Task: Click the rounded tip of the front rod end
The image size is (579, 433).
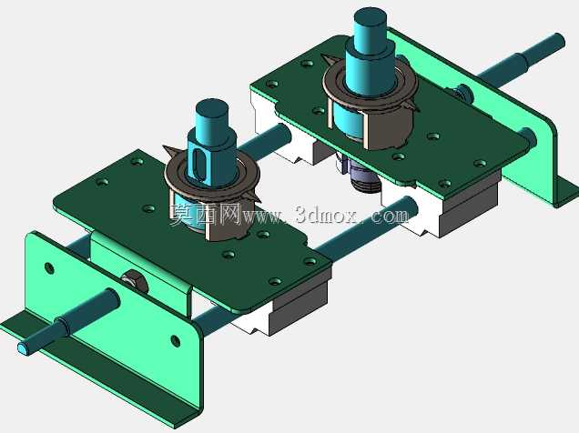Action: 24,347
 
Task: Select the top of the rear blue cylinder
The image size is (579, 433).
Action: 370,16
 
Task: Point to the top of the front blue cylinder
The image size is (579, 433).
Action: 211,106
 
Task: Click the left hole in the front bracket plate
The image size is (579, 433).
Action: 49,267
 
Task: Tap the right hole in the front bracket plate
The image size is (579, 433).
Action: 175,341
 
